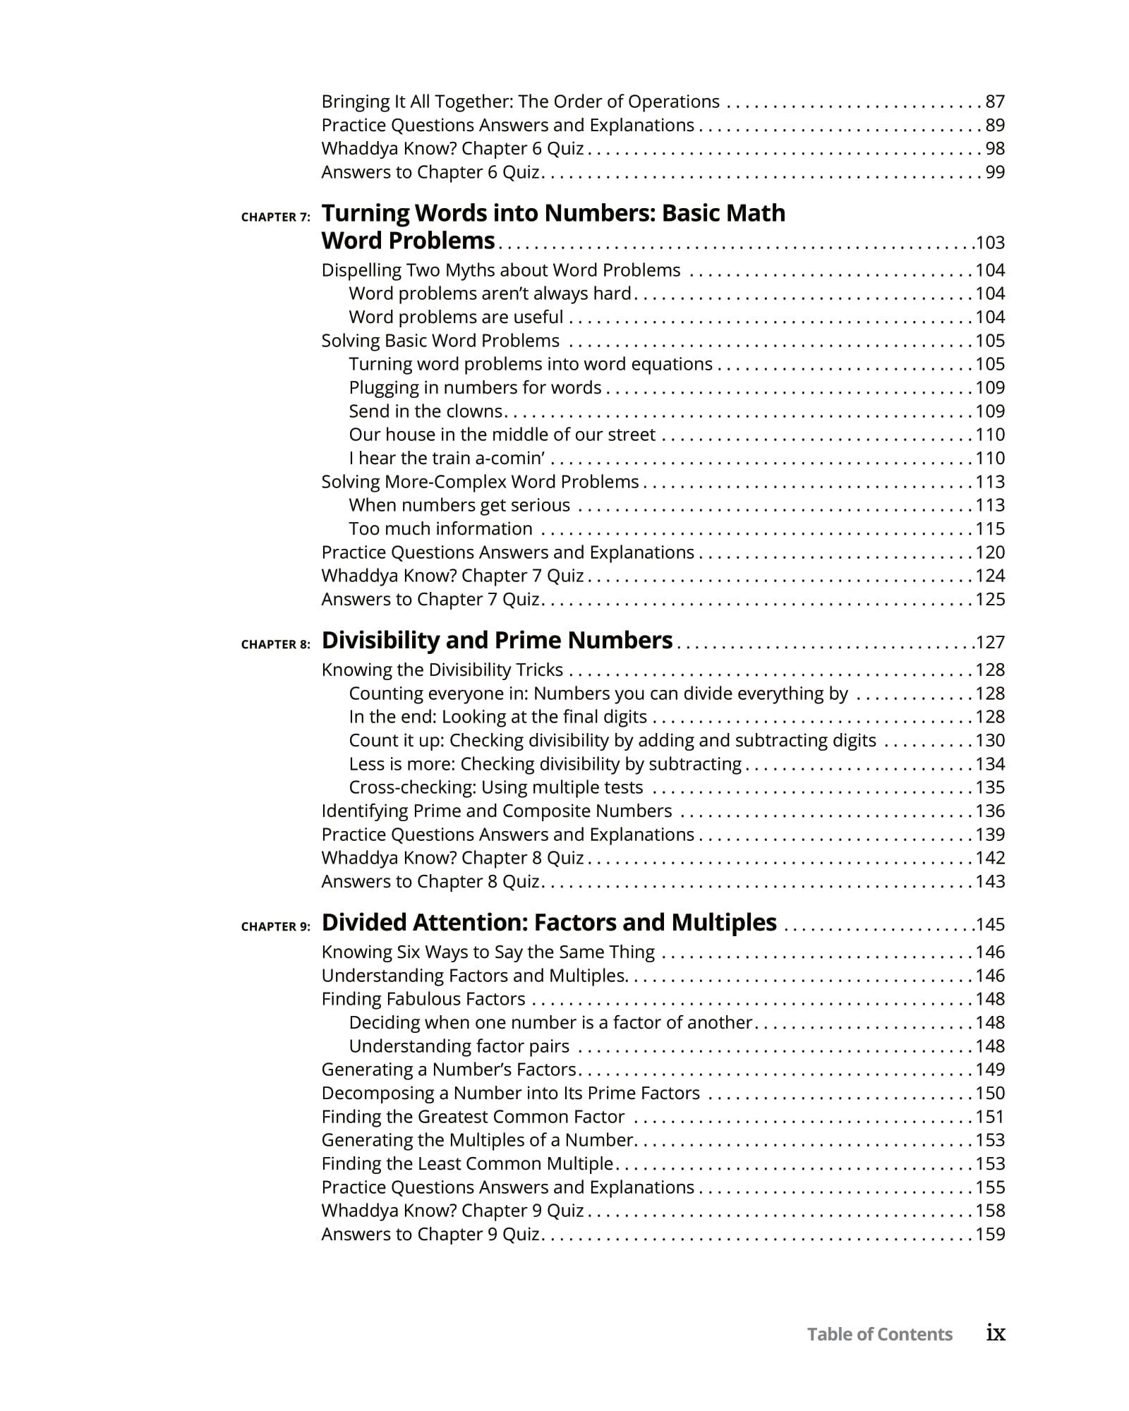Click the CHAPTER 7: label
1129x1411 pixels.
click(x=275, y=217)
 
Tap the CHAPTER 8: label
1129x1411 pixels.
click(x=275, y=644)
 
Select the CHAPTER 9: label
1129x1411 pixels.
click(x=275, y=926)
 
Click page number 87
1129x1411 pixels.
click(x=995, y=102)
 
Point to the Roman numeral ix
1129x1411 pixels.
click(x=995, y=1333)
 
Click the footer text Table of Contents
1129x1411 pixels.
click(x=879, y=1334)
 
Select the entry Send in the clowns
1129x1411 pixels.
click(x=425, y=411)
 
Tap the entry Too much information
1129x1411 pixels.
click(x=440, y=528)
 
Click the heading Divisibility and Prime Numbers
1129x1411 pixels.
click(x=497, y=641)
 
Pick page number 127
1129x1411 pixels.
click(x=989, y=643)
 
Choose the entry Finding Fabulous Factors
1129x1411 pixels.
click(x=423, y=999)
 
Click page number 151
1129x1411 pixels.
click(x=989, y=1117)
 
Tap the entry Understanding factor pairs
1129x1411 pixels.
click(x=459, y=1046)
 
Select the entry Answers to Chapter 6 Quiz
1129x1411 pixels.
click(x=430, y=172)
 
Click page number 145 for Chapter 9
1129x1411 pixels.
click(x=989, y=925)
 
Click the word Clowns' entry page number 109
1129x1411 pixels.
click(x=989, y=411)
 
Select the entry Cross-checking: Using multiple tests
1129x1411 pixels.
click(x=495, y=787)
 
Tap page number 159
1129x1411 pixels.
click(x=989, y=1234)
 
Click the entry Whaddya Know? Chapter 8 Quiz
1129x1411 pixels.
click(x=452, y=858)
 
